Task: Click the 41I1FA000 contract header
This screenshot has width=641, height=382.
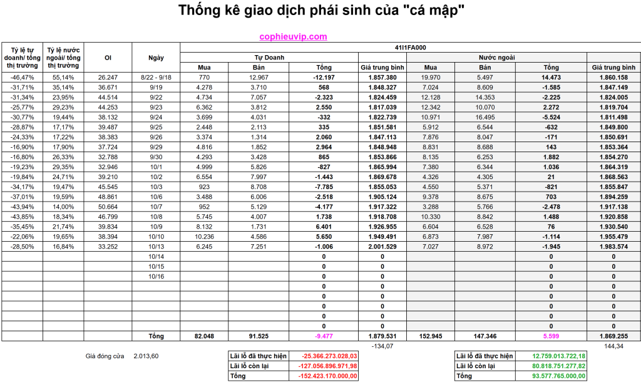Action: point(410,48)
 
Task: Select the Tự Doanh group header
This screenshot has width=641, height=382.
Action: point(269,57)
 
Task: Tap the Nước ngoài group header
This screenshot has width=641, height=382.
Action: point(497,57)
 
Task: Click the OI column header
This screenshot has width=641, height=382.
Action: point(108,58)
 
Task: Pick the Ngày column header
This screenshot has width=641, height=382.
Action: point(156,58)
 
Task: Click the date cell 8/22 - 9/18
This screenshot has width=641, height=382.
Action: point(156,77)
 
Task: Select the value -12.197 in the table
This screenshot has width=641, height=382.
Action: point(324,77)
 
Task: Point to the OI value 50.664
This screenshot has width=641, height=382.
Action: point(108,207)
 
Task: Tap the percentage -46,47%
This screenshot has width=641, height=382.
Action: point(22,77)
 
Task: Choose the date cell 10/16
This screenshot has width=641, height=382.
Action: point(156,276)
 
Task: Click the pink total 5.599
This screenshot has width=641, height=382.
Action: point(551,336)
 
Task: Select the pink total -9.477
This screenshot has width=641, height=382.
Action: point(324,336)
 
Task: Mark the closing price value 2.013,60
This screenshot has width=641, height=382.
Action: point(146,356)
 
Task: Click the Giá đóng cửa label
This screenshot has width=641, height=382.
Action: point(105,356)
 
